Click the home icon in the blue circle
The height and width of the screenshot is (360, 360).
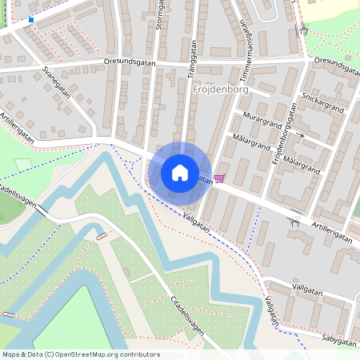[x=180, y=172]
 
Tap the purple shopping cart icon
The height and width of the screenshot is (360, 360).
[x=219, y=179]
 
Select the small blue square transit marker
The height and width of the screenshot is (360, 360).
[x=31, y=18]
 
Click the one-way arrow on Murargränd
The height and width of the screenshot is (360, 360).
[x=302, y=135]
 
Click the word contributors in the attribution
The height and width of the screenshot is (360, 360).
[x=138, y=354]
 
